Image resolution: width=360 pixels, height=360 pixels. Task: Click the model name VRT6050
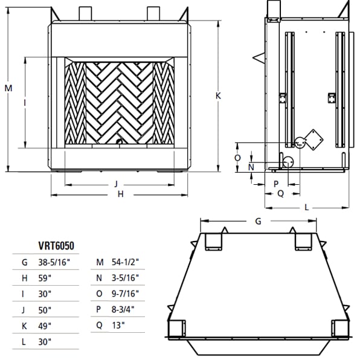[56, 246]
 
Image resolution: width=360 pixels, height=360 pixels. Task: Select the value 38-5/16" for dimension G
[54, 262]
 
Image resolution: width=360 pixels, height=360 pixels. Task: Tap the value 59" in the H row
[45, 278]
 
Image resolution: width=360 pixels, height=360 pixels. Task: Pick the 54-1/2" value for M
[126, 262]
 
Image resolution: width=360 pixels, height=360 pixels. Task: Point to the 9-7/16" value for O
[126, 294]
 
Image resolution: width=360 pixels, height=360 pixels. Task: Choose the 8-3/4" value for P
[123, 309]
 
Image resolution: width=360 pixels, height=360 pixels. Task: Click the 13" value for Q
[118, 325]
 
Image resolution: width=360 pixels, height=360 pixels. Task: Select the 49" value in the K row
[45, 326]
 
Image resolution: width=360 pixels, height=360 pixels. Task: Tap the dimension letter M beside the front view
[8, 88]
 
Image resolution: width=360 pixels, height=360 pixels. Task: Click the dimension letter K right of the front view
[218, 95]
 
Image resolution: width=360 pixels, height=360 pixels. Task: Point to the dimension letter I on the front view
[25, 103]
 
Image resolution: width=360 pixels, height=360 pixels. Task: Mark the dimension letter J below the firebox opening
[116, 184]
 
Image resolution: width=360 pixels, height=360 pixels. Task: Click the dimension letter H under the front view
[121, 194]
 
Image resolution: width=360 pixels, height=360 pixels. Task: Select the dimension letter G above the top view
[259, 221]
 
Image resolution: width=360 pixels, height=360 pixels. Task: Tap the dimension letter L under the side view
[306, 208]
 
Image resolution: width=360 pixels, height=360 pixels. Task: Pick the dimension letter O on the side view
[237, 158]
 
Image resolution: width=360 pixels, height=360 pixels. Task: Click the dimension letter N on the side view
[251, 167]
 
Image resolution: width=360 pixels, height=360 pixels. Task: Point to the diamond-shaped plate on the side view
[313, 140]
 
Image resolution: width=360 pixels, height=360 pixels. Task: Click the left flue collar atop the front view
[85, 13]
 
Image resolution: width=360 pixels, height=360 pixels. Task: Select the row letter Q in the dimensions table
[99, 326]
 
